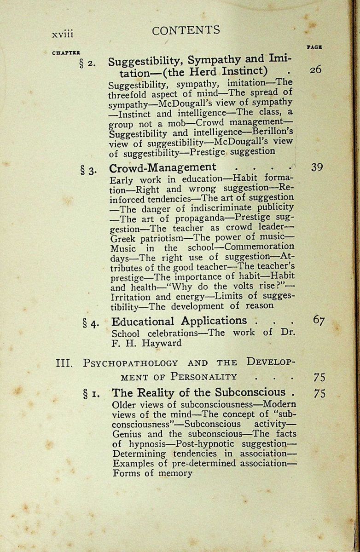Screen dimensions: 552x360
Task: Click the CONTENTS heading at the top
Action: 186,30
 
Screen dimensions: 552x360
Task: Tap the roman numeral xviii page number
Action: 63,34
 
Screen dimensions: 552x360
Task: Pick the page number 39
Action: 317,167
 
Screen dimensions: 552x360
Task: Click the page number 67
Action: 318,320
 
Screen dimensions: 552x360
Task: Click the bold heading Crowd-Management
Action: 163,167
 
